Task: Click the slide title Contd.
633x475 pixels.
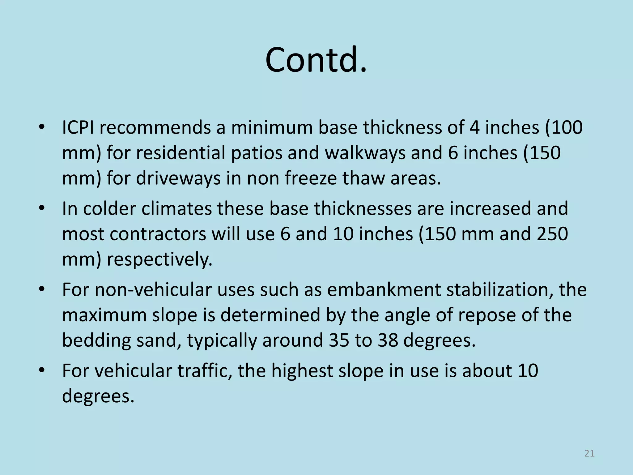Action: coord(316,60)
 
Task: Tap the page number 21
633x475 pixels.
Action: coord(589,453)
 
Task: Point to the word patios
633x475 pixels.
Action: coord(257,153)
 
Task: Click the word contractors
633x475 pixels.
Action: coord(158,234)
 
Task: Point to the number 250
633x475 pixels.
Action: coord(552,234)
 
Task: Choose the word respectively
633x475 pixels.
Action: coord(159,260)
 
